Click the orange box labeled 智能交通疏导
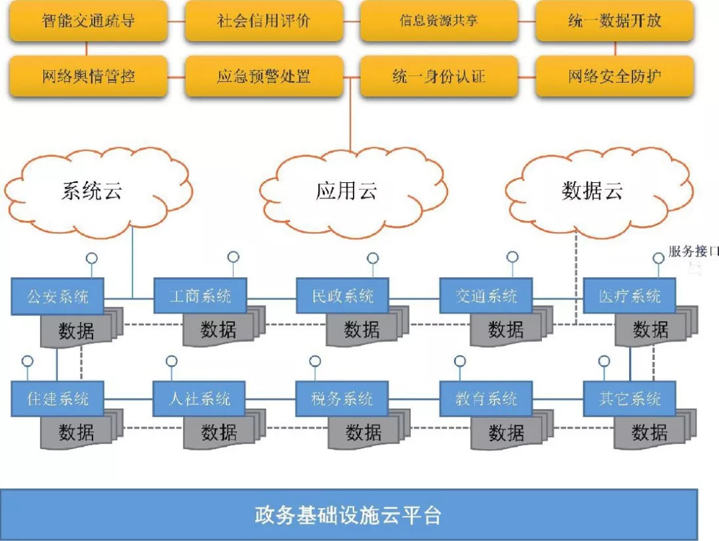click(88, 21)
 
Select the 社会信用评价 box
click(264, 21)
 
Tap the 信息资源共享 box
click(439, 21)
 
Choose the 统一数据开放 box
click(614, 21)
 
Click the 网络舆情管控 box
click(88, 76)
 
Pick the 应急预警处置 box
click(264, 76)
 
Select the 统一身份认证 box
click(439, 76)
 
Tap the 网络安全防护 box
click(614, 76)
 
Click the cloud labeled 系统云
click(93, 192)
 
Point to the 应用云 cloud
click(347, 192)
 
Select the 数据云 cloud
click(592, 192)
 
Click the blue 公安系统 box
click(58, 296)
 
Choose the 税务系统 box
click(342, 399)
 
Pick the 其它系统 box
click(629, 399)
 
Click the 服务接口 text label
click(693, 252)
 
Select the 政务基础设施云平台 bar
click(348, 515)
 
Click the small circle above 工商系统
click(233, 257)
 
